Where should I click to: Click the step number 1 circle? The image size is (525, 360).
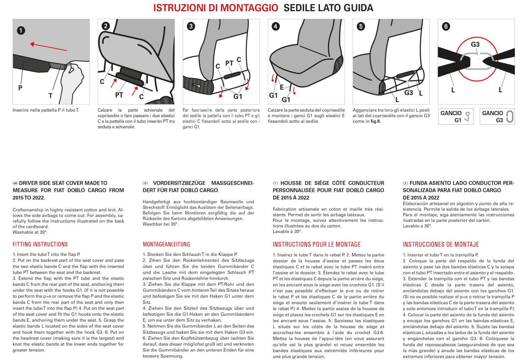pyautogui.click(x=21, y=30)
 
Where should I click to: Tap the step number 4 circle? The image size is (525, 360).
pyautogui.click(x=275, y=26)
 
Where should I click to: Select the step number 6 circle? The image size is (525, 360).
pyautogui.click(x=446, y=26)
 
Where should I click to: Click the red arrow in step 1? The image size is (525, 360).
pyautogui.click(x=48, y=47)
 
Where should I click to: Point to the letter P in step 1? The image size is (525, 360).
pyautogui.click(x=20, y=88)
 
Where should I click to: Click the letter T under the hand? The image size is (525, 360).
pyautogui.click(x=50, y=96)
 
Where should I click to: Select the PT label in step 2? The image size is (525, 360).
pyautogui.click(x=119, y=95)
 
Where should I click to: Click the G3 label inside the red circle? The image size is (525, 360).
pyautogui.click(x=475, y=44)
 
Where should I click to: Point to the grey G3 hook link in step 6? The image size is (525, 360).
pyautogui.click(x=476, y=61)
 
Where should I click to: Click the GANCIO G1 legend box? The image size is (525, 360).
pyautogui.click(x=456, y=116)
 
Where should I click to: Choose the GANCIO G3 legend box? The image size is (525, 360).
pyautogui.click(x=497, y=116)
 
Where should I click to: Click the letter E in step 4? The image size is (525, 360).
pyautogui.click(x=282, y=87)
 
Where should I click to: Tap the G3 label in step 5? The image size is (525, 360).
pyautogui.click(x=408, y=93)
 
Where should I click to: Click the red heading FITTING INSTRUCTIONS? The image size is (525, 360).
pyautogui.click(x=40, y=244)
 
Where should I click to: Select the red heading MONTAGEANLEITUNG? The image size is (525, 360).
pyautogui.click(x=166, y=244)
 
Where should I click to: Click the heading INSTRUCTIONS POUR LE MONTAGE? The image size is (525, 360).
pyautogui.click(x=317, y=244)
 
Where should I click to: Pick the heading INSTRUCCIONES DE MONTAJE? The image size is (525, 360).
pyautogui.click(x=440, y=244)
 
